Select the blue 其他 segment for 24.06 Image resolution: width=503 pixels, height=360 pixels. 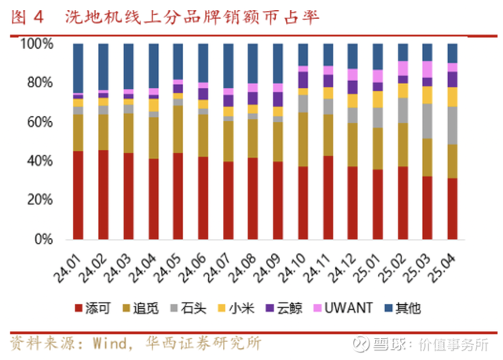204,63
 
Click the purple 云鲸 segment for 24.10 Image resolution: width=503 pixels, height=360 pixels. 303,79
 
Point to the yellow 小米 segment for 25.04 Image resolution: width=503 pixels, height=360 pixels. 453,96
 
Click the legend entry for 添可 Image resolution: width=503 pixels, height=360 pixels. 97,308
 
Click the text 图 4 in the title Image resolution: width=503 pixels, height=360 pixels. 28,17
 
